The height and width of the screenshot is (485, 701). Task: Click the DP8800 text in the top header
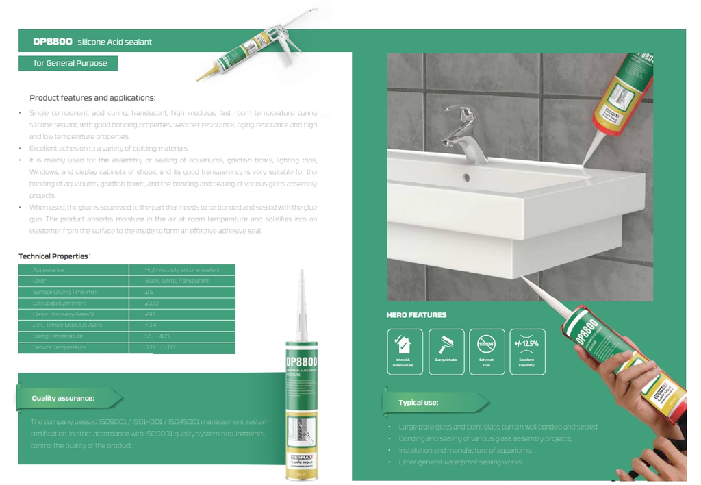53,42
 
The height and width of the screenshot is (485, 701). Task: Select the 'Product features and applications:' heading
92,98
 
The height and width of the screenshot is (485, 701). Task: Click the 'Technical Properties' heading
53,256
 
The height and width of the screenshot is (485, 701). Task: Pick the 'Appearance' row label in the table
49,270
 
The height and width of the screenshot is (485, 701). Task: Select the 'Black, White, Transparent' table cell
177,281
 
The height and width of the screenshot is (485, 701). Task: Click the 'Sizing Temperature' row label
58,336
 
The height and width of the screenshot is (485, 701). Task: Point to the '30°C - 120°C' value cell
162,347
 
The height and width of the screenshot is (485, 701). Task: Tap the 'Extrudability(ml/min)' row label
60,303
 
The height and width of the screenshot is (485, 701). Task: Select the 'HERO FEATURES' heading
416,315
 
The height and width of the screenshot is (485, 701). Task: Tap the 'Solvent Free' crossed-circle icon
487,344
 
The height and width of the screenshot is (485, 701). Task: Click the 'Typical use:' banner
418,403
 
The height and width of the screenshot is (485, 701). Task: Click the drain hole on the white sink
467,177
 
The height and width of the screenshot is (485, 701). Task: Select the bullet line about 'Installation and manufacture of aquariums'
466,450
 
